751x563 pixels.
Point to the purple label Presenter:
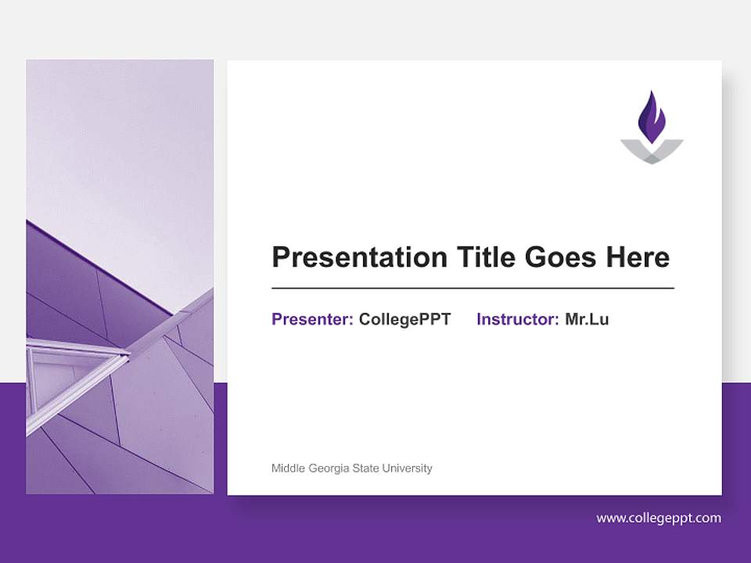click(312, 319)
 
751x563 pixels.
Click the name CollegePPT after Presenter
click(404, 319)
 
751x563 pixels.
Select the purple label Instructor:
click(517, 319)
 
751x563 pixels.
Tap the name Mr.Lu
click(587, 319)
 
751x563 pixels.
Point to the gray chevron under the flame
click(652, 153)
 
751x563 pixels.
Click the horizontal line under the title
click(473, 289)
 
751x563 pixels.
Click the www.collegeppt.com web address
click(659, 518)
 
